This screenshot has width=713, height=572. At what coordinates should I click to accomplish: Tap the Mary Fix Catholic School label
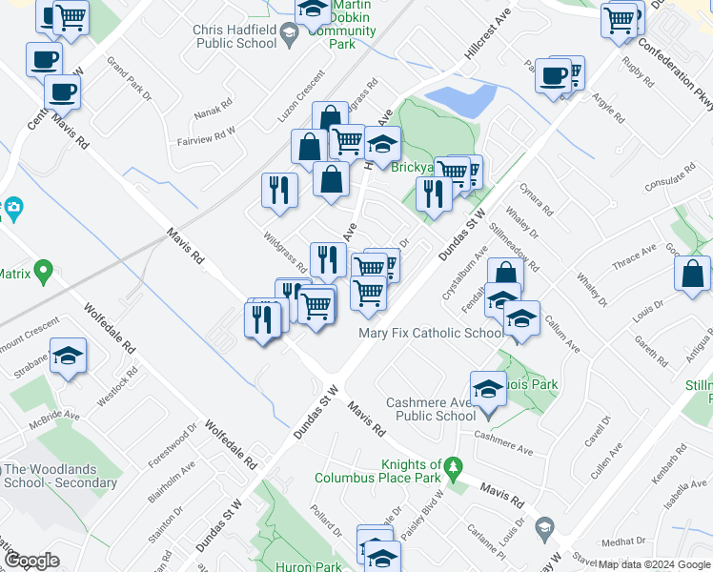click(x=431, y=333)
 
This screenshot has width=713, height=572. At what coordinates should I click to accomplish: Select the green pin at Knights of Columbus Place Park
click(x=452, y=468)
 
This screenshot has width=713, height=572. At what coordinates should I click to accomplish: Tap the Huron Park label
click(x=308, y=566)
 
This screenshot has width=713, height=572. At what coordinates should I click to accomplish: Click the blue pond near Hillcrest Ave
click(x=461, y=98)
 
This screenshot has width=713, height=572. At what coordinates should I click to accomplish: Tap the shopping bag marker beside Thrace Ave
click(x=693, y=273)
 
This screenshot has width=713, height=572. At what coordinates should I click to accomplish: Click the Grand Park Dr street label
click(x=130, y=80)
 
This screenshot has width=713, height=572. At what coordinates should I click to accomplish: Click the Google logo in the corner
click(x=31, y=561)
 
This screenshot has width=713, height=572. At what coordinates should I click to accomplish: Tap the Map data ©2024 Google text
click(x=654, y=564)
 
